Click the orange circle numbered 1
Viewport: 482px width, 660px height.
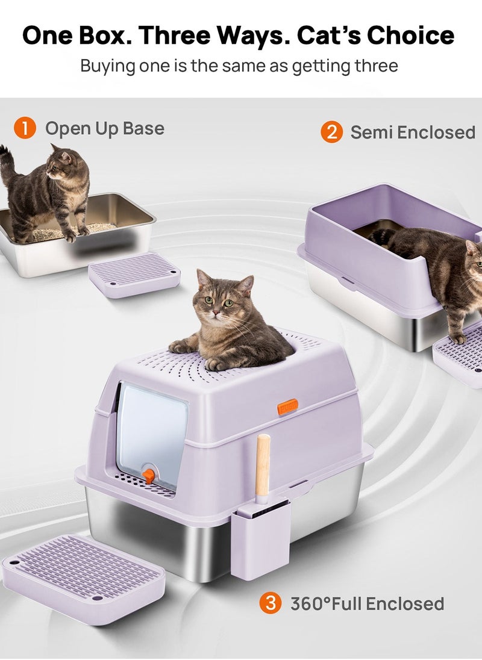click(x=25, y=128)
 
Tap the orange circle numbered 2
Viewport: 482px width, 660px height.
click(x=331, y=132)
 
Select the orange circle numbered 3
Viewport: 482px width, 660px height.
click(x=271, y=603)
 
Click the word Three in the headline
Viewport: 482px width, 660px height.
click(x=175, y=36)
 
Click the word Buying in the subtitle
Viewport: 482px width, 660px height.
click(x=108, y=66)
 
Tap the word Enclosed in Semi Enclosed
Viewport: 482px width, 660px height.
click(x=436, y=132)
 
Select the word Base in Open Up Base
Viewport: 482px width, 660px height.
click(x=143, y=128)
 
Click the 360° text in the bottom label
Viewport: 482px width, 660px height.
click(x=311, y=603)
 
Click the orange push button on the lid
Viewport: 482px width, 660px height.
click(x=287, y=406)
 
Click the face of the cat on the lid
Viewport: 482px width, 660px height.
click(x=218, y=300)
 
